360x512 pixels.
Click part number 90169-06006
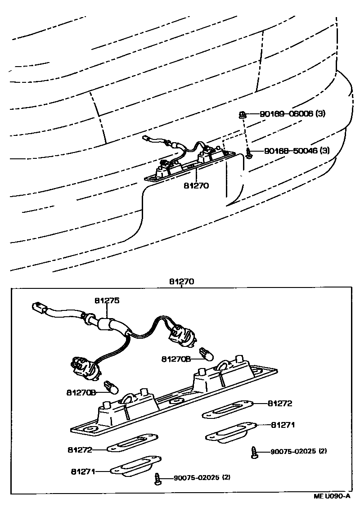[287, 114]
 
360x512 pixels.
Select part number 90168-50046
[290, 151]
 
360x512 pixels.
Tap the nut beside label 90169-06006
[242, 115]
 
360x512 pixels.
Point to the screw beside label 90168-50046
[248, 153]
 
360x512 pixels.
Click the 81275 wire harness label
[108, 301]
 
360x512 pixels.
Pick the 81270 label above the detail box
[181, 282]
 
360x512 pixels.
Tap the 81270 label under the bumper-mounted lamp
[197, 184]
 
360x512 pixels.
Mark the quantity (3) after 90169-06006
[320, 114]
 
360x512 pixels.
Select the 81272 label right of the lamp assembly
[280, 404]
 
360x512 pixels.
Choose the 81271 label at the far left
[83, 472]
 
